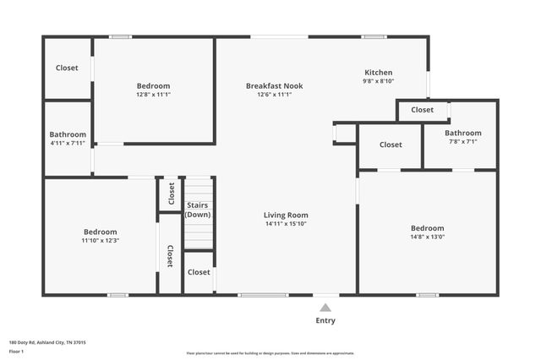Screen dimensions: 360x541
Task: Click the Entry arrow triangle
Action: point(325,308)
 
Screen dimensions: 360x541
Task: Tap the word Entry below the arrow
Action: point(325,320)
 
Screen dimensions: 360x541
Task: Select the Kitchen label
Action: point(378,73)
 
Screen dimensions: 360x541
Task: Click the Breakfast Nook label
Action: point(274,85)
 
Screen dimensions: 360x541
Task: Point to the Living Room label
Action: point(286,215)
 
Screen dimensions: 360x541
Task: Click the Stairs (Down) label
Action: point(198,210)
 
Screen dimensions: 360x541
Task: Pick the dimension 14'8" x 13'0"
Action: point(427,238)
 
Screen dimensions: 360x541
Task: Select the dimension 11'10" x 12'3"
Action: point(100,241)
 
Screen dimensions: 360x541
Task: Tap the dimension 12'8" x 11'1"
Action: point(153,95)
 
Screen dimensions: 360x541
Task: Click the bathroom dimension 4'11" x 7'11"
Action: point(68,143)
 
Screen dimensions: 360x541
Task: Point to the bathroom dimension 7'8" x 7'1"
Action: point(462,142)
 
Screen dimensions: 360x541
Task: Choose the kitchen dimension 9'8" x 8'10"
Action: point(378,82)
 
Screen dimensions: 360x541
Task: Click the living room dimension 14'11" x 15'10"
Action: point(286,224)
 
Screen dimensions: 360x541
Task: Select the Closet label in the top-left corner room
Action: point(68,68)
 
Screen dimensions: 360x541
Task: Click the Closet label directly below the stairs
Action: point(199,272)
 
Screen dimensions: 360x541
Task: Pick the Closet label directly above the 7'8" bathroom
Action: point(422,110)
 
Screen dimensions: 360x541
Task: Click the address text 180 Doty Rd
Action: point(47,342)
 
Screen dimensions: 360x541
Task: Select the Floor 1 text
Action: point(16,351)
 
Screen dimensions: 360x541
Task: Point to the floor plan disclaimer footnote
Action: point(270,353)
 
